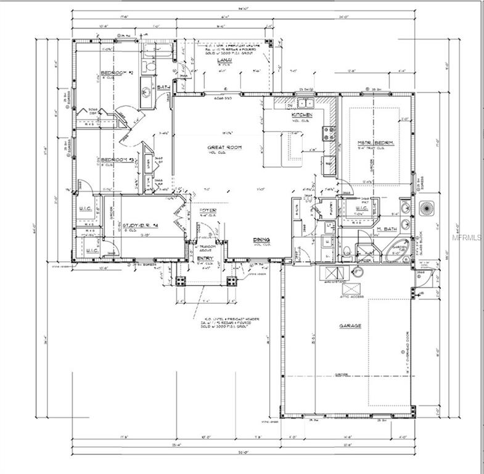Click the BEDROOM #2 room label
[x=117, y=73]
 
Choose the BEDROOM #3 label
[x=117, y=160]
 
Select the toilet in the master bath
[x=347, y=251]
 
